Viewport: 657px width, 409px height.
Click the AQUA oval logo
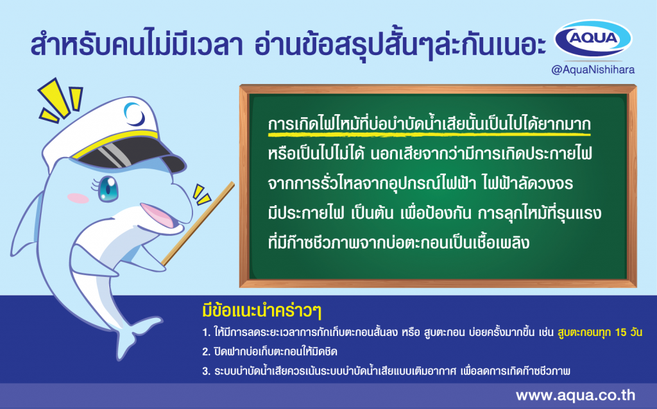[x=593, y=38]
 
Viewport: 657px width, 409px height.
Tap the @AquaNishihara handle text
[x=593, y=70]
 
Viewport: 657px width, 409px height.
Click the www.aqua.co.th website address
[x=576, y=395]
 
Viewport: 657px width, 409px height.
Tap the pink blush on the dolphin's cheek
[x=78, y=198]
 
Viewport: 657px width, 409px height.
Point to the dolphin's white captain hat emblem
[x=135, y=114]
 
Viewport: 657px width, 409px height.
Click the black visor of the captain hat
[x=130, y=153]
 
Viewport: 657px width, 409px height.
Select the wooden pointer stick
[x=198, y=223]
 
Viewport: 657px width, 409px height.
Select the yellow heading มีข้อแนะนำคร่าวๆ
[x=262, y=311]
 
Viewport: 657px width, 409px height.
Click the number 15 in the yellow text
[x=620, y=332]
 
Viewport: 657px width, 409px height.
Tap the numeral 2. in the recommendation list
[x=206, y=352]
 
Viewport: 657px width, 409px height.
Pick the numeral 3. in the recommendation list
[x=206, y=371]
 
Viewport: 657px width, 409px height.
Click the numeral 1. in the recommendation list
[x=206, y=333]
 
